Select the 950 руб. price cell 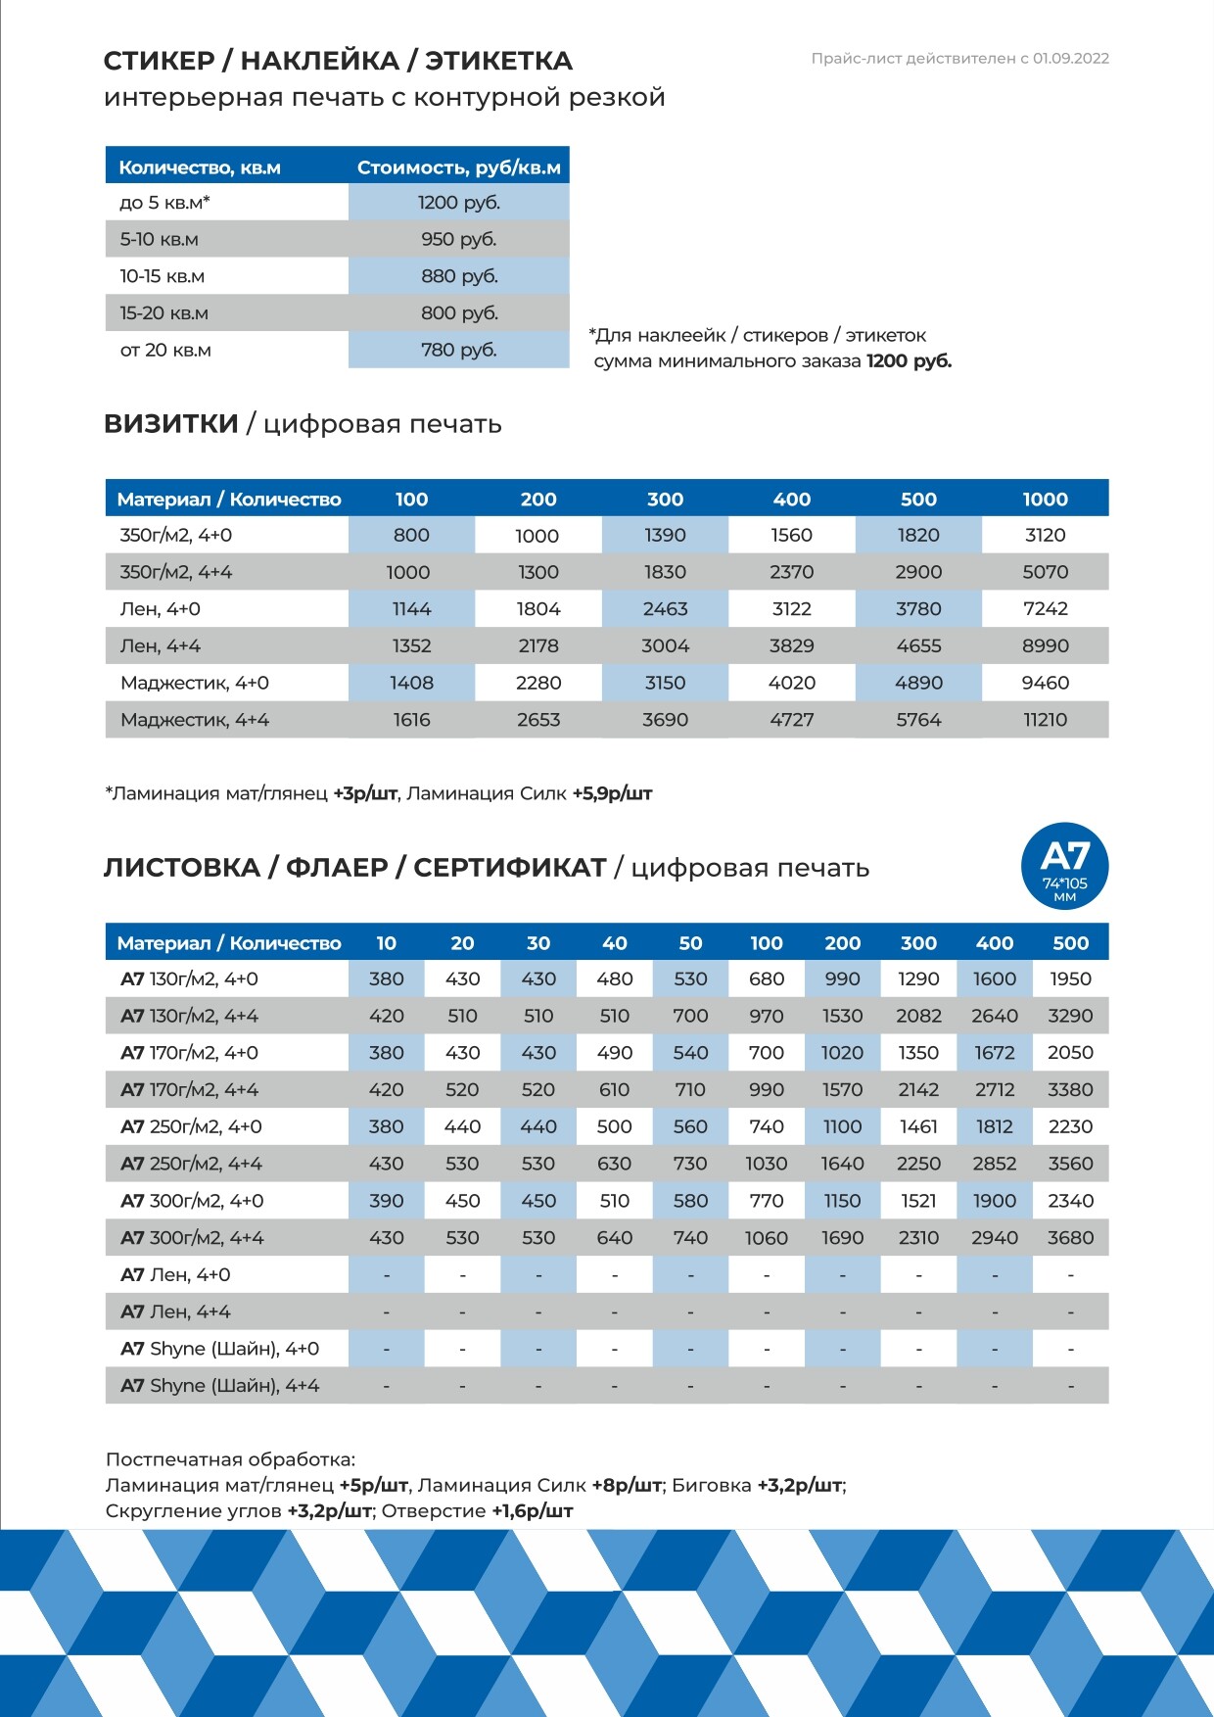[x=458, y=239]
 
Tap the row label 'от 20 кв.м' [x=165, y=350]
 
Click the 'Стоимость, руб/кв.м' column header [x=458, y=167]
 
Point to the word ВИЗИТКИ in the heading [x=171, y=424]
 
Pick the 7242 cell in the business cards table [x=1045, y=609]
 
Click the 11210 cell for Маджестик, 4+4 [x=1045, y=720]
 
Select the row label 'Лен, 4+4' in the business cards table [x=161, y=646]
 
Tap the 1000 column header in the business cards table [x=1045, y=500]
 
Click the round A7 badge [x=1064, y=866]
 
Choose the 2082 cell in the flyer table [x=918, y=1017]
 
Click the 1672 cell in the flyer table [x=994, y=1053]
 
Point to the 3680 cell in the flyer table [x=1070, y=1238]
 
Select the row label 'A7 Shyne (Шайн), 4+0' [x=219, y=1349]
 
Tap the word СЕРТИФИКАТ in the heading [x=509, y=868]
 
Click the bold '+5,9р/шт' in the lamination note [x=612, y=793]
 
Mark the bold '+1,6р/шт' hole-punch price [x=532, y=1511]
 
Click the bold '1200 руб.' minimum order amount [x=909, y=361]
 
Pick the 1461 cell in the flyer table [x=918, y=1127]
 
